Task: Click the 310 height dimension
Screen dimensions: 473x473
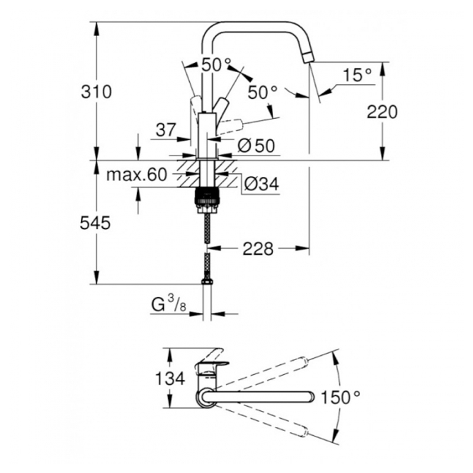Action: pos(96,92)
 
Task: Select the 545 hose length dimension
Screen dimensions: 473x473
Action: pos(96,223)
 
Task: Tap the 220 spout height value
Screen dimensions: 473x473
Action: pos(382,111)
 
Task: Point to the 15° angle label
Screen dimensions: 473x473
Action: pos(357,75)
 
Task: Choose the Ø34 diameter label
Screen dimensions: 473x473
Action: pos(261,184)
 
